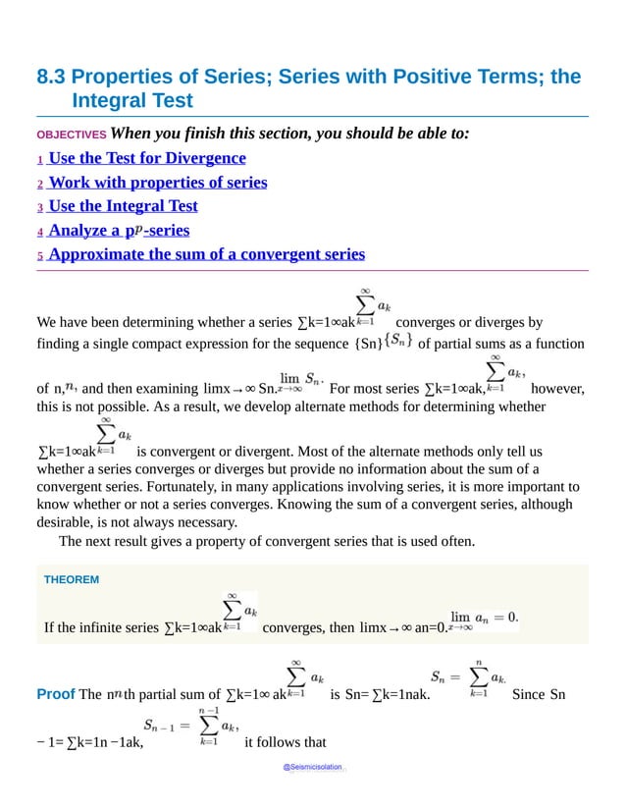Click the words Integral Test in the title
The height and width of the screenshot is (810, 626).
tap(132, 101)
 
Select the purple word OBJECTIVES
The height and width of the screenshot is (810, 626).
tap(71, 135)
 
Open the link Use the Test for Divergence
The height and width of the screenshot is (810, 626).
tap(147, 158)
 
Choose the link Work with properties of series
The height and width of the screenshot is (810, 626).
tap(157, 183)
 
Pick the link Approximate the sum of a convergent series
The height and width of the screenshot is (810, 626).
tap(206, 254)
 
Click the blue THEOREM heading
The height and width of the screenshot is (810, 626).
tap(72, 580)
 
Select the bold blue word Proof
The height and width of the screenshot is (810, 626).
tap(55, 695)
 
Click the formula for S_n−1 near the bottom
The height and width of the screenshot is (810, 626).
tap(190, 728)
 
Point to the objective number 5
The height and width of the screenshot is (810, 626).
tap(40, 256)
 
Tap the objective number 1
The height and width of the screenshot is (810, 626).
tap(40, 160)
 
